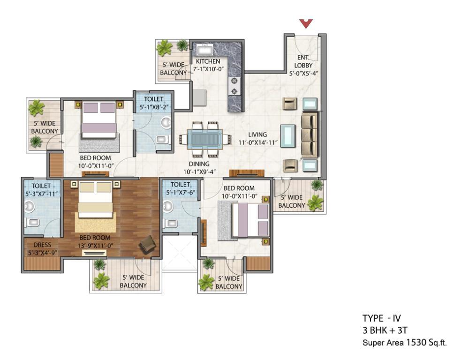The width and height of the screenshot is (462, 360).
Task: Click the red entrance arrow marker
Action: [306, 23]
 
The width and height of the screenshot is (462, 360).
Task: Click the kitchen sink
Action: [205, 49]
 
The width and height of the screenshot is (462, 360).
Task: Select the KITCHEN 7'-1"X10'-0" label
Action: [208, 65]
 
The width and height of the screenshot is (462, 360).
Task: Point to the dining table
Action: [205, 137]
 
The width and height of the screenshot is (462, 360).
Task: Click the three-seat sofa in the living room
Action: [310, 135]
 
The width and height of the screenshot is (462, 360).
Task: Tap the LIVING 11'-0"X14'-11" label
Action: [258, 138]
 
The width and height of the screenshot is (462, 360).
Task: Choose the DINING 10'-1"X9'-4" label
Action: [199, 168]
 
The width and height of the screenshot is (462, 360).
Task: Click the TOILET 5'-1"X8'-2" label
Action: [154, 103]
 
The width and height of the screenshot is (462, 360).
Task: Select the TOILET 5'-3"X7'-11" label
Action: [41, 189]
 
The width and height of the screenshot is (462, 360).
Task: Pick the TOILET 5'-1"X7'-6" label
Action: [180, 188]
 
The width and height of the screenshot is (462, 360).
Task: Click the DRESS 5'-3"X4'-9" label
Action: [42, 249]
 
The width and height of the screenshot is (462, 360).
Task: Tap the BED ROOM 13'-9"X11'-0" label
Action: [95, 242]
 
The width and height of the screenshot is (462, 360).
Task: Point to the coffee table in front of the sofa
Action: [288, 135]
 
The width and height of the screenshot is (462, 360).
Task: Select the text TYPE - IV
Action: [382, 318]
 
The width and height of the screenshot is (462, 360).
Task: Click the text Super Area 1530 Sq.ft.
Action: [405, 342]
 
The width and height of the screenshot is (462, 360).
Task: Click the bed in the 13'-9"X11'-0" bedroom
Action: [95, 200]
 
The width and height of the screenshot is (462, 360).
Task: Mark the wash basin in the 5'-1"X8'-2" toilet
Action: [166, 122]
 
